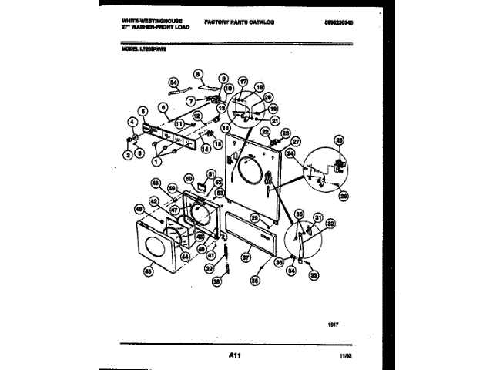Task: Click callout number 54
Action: [173, 82]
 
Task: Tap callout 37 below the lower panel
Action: [246, 257]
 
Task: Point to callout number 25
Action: [338, 140]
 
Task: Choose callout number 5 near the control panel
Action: [143, 111]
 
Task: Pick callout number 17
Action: [243, 81]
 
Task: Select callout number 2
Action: [127, 155]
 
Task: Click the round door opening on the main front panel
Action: [250, 170]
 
